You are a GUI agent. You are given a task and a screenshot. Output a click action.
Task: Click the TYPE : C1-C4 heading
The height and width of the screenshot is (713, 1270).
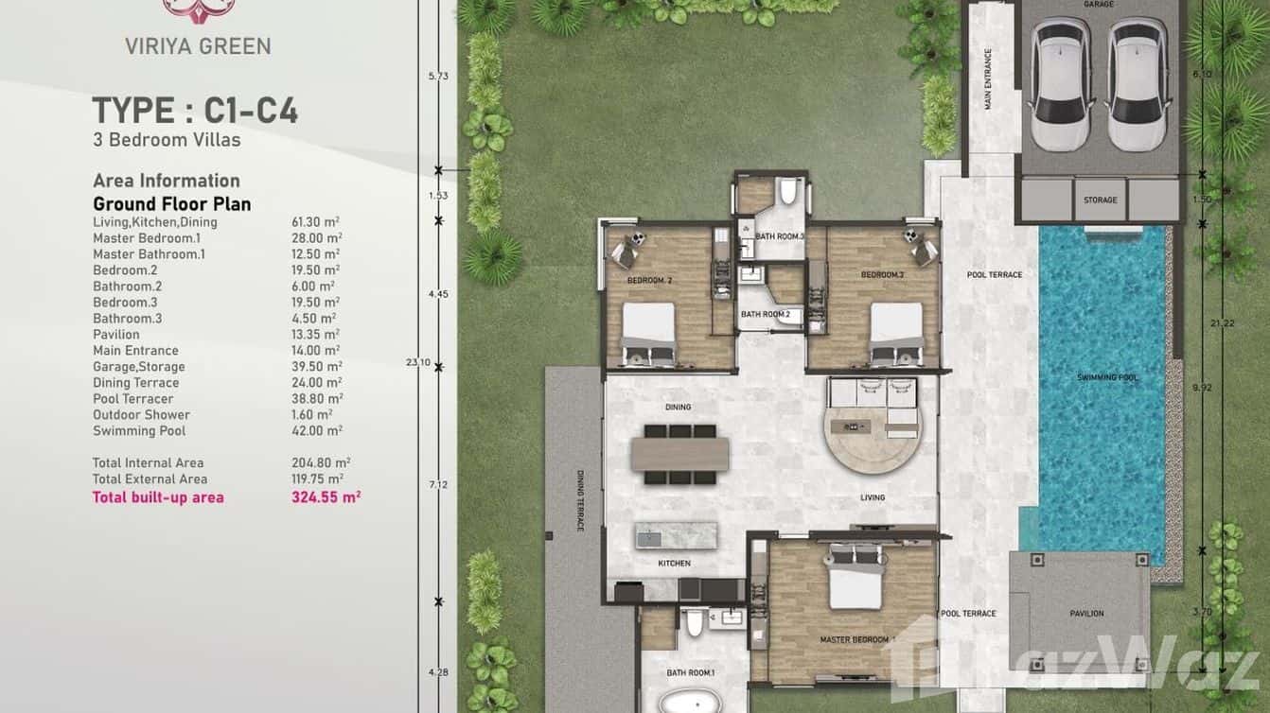195,111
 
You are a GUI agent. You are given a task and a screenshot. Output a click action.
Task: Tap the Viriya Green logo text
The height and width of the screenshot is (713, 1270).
198,45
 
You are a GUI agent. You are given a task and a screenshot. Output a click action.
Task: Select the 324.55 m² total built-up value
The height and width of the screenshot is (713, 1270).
326,496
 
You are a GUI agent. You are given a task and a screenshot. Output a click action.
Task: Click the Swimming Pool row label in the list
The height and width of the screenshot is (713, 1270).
139,431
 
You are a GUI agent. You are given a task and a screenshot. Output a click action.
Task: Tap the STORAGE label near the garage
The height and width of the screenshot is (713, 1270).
1101,200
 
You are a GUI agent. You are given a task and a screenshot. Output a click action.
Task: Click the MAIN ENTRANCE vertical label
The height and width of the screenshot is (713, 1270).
988,79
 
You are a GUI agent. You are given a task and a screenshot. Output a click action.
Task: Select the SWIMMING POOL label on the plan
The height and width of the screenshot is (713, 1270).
1103,377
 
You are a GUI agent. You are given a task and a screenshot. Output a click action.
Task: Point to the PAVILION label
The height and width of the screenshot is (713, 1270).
1086,614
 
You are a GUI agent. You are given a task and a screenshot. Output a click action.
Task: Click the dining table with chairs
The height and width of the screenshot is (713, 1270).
679,455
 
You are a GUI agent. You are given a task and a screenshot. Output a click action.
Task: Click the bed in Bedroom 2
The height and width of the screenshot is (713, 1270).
648,333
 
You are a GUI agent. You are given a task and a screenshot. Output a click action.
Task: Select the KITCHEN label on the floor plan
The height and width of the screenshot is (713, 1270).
674,564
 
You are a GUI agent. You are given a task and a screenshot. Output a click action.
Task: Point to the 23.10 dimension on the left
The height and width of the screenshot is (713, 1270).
438,362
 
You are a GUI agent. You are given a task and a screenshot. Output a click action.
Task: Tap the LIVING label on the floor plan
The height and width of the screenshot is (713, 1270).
872,497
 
